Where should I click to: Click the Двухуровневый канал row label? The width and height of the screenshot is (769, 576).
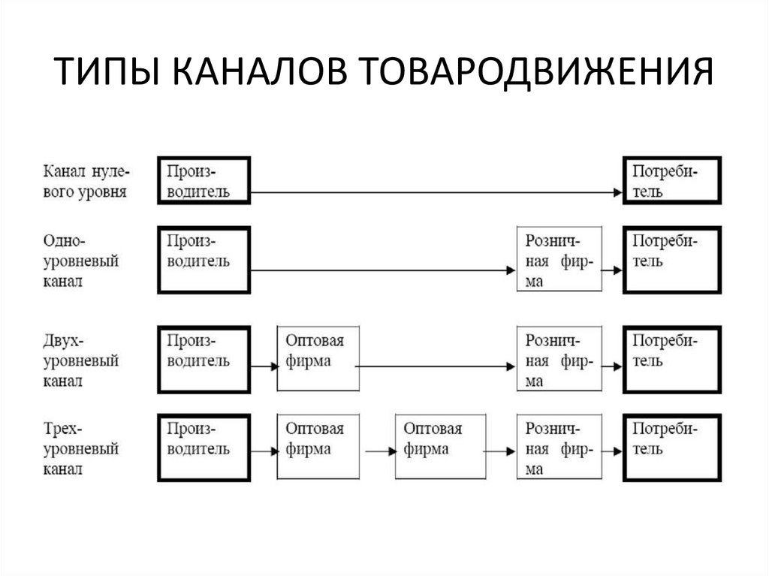[x=81, y=360]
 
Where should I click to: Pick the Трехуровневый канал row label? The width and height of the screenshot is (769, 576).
[x=81, y=448]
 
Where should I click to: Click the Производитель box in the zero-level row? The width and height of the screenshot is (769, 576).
[x=204, y=180]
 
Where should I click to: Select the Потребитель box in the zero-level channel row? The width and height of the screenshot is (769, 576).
[x=671, y=180]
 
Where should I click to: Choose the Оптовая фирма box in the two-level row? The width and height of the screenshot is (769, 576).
[x=318, y=358]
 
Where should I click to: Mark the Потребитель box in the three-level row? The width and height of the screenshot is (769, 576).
[x=671, y=446]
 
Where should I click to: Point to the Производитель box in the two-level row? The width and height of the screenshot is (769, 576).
[x=204, y=358]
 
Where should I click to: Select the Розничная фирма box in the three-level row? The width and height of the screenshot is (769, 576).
[x=559, y=446]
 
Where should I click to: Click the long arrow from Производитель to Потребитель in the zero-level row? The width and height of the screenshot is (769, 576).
[x=436, y=193]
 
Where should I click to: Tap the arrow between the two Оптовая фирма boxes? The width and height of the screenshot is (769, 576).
[x=378, y=451]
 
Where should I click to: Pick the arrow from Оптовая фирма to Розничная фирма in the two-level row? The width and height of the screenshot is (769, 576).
[x=438, y=366]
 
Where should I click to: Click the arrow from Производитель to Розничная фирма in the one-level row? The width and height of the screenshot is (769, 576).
[x=383, y=270]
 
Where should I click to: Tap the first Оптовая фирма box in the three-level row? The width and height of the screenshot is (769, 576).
[x=318, y=446]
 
